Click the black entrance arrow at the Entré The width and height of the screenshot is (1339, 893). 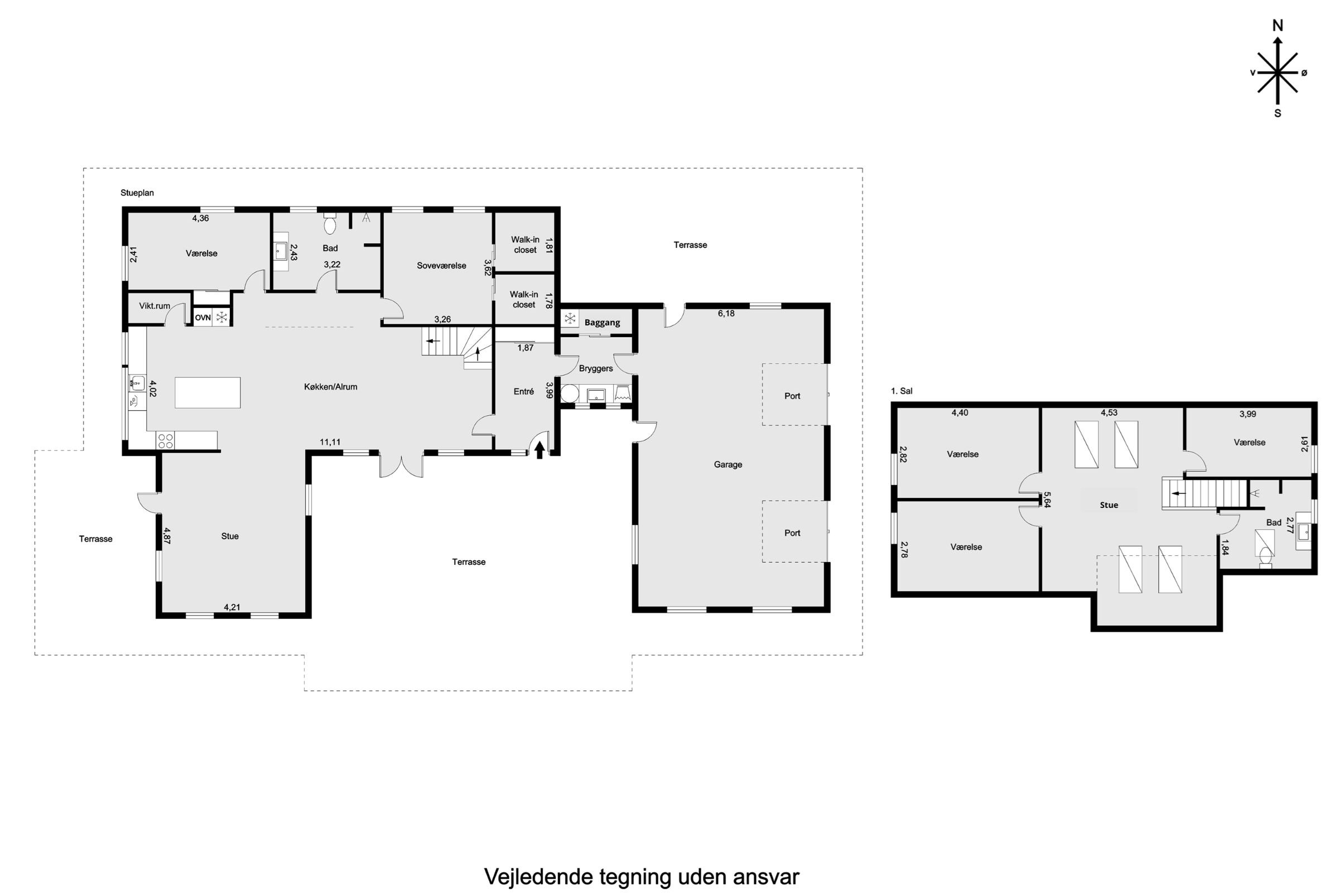[x=539, y=450]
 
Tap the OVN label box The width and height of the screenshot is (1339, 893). [x=203, y=318]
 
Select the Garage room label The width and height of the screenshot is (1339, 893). [x=728, y=465]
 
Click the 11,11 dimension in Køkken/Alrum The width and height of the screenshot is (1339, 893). [x=330, y=442]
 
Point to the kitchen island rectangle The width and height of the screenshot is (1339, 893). [x=207, y=392]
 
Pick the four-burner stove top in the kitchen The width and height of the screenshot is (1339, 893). [x=165, y=440]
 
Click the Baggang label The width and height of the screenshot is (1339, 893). [x=602, y=323]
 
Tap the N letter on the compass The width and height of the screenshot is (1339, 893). [x=1278, y=26]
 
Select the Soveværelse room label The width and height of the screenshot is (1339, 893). [x=441, y=266]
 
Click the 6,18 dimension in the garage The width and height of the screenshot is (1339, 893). [x=726, y=313]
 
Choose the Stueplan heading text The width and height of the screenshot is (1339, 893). [x=137, y=193]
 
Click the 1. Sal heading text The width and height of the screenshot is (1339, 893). [x=901, y=391]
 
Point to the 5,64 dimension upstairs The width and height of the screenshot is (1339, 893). [x=1047, y=500]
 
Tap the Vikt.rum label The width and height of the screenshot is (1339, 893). [x=155, y=306]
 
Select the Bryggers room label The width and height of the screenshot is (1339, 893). [x=595, y=368]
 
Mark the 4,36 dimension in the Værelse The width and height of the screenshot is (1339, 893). [x=200, y=218]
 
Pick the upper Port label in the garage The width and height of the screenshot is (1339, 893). [x=792, y=396]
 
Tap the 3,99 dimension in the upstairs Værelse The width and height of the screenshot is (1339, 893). [x=1248, y=414]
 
